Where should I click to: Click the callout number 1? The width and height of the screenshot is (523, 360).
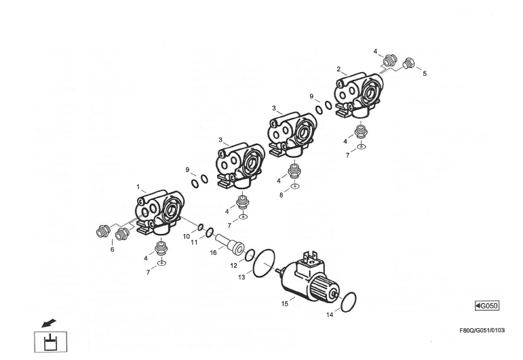tap(138, 186)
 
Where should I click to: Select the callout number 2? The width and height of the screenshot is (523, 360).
tap(338, 69)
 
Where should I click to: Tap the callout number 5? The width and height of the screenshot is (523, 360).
tap(425, 73)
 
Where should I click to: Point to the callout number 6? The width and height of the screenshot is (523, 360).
tap(112, 249)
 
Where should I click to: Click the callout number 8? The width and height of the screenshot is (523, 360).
tap(282, 195)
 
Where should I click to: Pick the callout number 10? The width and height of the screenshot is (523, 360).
tap(186, 237)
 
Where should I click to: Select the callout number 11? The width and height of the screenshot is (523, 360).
tap(194, 242)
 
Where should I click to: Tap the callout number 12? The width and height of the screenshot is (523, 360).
tap(233, 266)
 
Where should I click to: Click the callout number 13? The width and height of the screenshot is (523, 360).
tap(241, 277)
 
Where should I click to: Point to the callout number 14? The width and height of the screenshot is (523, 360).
tap(330, 315)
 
